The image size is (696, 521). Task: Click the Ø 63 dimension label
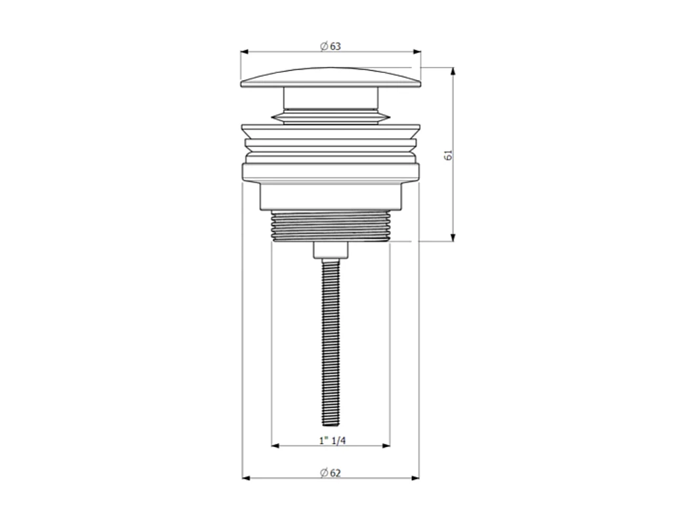(x=331, y=47)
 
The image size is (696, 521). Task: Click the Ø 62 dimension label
(x=331, y=473)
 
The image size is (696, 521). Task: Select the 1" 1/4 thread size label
(x=333, y=440)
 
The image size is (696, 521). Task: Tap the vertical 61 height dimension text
(x=449, y=155)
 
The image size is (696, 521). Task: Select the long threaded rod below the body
(x=331, y=341)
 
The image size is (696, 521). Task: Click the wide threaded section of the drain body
(x=331, y=226)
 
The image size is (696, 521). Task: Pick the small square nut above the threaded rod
(x=331, y=250)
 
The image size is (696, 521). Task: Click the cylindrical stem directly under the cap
(x=331, y=98)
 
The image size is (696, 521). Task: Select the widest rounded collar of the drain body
(x=331, y=173)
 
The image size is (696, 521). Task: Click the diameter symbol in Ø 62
(x=324, y=473)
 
